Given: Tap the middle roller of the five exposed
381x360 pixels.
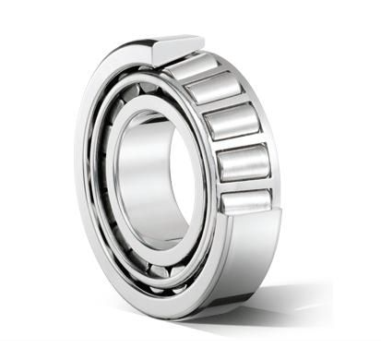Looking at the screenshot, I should pos(232,121).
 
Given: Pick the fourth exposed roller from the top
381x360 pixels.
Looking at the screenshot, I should pos(243,162).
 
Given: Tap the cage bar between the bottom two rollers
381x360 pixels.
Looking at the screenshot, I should pos(245,183).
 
